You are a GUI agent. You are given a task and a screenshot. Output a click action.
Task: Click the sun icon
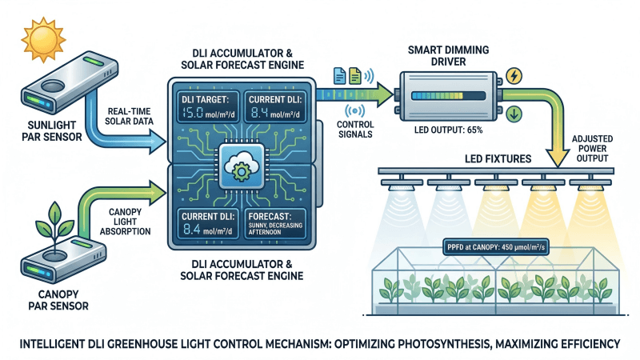tap(43, 39)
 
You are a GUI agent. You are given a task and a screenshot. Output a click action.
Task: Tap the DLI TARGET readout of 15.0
tap(207, 107)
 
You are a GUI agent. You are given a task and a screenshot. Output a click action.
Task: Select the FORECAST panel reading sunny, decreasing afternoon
tap(275, 223)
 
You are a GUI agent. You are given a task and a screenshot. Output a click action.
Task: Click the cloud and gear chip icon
tap(242, 166)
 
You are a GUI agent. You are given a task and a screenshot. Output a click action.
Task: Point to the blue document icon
tap(339, 76)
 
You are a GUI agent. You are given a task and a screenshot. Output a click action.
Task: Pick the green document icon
tap(354, 76)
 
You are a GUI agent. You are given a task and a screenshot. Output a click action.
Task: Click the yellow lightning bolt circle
tap(514, 76)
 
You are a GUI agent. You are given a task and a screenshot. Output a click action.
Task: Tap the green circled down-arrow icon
tap(514, 114)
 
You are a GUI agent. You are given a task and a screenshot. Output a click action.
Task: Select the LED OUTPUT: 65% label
tap(448, 130)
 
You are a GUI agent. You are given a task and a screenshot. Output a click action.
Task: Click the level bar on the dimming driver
tap(448, 96)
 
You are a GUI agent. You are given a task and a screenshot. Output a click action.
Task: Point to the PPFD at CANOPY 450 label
tap(496, 247)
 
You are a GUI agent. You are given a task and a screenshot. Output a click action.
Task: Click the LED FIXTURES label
tap(498, 158)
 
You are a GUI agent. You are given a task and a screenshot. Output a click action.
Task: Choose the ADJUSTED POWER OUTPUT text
tap(592, 149)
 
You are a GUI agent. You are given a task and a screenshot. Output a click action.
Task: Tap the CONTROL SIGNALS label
tap(355, 130)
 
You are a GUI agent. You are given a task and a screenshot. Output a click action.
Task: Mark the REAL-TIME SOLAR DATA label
tap(129, 116)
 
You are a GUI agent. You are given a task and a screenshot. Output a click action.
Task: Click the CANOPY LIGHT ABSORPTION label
tap(126, 222)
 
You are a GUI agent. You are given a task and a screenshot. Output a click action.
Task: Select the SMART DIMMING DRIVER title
tap(448, 56)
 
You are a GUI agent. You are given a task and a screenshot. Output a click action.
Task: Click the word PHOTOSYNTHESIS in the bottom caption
tap(442, 344)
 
